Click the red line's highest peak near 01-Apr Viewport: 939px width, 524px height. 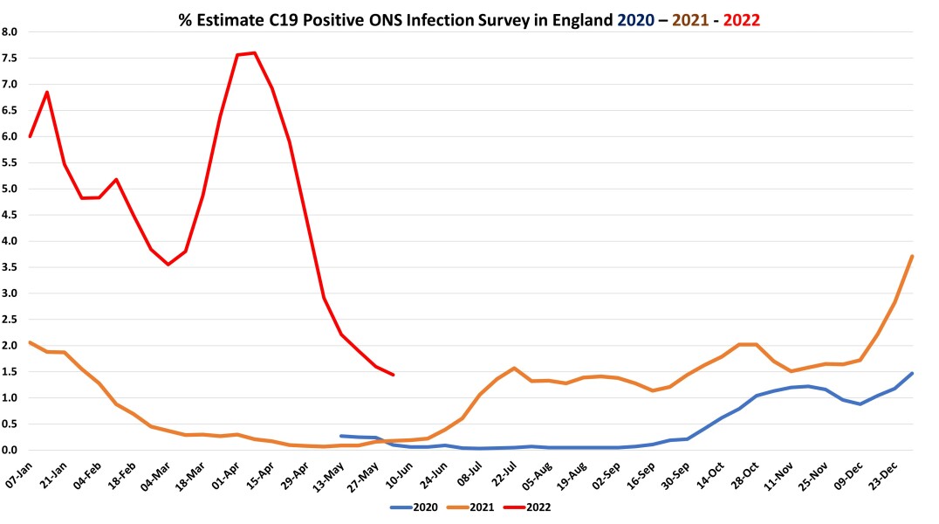tap(254, 52)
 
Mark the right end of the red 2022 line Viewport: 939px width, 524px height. tap(394, 375)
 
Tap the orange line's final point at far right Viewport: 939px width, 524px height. tap(912, 256)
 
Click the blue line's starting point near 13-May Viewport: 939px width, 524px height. tap(341, 436)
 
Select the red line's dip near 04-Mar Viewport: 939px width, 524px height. tap(168, 265)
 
